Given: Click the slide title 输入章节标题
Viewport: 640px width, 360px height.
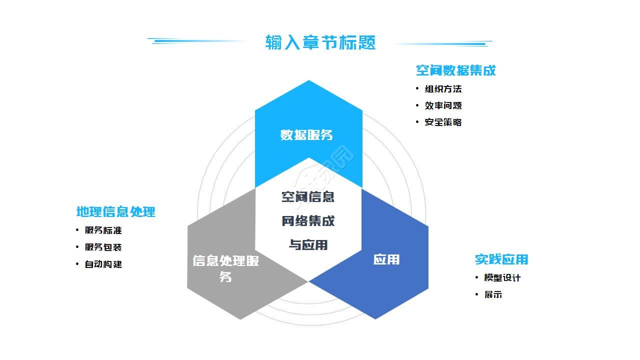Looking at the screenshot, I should pos(320,42).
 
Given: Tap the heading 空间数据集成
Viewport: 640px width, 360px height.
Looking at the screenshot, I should pos(455,70).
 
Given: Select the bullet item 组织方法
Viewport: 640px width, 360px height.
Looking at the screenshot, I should pos(443,89).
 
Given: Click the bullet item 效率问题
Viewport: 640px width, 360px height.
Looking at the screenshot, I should pos(443,105).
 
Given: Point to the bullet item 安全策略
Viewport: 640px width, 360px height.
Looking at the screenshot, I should pos(443,122).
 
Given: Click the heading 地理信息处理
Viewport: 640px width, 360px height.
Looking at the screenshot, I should pos(115,212).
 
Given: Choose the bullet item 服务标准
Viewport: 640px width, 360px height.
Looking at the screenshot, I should pos(103,230).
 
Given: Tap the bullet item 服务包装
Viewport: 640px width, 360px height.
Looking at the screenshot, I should pos(103,247).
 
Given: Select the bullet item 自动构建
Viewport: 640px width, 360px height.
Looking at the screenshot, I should pos(103,264).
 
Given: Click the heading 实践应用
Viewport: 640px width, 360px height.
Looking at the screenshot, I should pos(501,259).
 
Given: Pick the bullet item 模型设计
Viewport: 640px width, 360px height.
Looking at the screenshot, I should pos(502,278).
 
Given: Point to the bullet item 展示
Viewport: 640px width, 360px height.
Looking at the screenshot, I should pos(493,294).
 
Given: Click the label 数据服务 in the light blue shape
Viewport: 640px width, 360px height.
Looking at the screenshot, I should pos(306,135).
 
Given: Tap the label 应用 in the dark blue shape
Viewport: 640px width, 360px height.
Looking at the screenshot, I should pos(386,259).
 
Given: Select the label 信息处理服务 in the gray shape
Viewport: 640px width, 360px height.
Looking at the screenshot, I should pos(225,268).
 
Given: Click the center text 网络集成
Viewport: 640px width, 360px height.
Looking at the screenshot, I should pos(308,221).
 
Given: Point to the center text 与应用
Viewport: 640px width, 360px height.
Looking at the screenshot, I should pos(308,245).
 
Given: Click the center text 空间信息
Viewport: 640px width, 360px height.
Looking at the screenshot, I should pos(308,197).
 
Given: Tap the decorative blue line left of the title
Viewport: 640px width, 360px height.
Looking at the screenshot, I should pos(198,41).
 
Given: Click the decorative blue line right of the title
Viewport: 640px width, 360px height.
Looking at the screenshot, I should pos(442,44).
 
